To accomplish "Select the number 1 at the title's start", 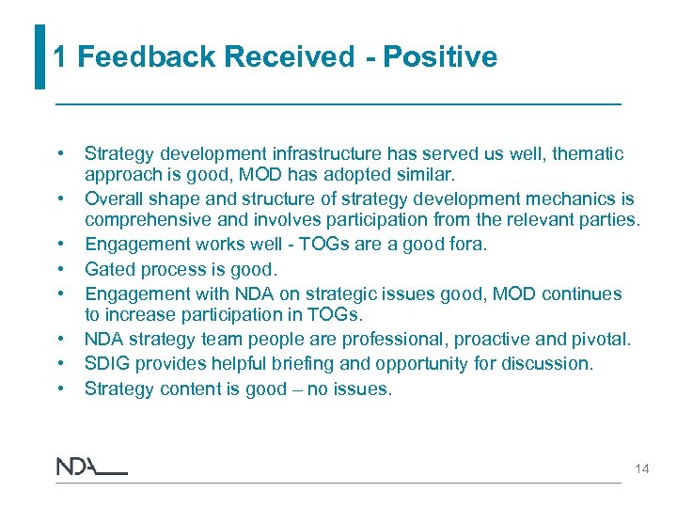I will point(60,57).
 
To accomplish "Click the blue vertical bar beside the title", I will point(39,56).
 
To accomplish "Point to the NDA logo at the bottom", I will point(91,467).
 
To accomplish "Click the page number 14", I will point(641,468).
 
